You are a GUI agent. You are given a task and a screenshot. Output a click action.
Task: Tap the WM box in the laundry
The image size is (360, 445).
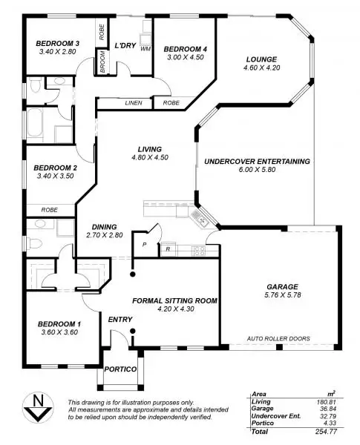[145, 48]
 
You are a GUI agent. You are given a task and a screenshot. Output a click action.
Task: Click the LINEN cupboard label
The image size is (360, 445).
[134, 102]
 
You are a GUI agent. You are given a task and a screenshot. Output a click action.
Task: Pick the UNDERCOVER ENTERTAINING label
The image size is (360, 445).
[257, 161]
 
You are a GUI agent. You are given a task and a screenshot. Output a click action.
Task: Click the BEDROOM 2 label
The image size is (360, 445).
[56, 168]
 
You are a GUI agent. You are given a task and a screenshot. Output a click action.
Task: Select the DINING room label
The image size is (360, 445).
[105, 226]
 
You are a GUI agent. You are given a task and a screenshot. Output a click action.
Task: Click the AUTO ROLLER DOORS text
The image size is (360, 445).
[278, 338]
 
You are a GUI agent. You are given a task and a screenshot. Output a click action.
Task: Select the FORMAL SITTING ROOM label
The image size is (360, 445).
[174, 300]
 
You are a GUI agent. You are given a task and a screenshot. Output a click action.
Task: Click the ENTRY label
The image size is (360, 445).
[120, 320]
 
